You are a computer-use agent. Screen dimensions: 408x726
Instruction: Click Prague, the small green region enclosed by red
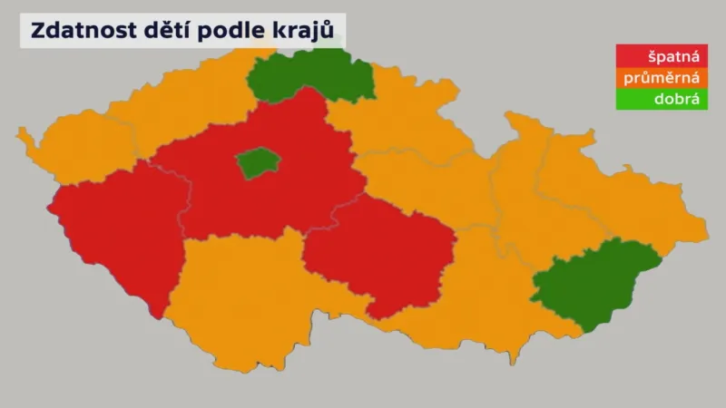click(x=258, y=163)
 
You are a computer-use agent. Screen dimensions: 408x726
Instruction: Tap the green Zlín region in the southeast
click(x=590, y=286)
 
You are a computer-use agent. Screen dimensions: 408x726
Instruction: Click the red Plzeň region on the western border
click(x=118, y=236)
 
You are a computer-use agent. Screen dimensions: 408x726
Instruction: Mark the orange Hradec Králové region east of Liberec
click(x=399, y=127)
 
